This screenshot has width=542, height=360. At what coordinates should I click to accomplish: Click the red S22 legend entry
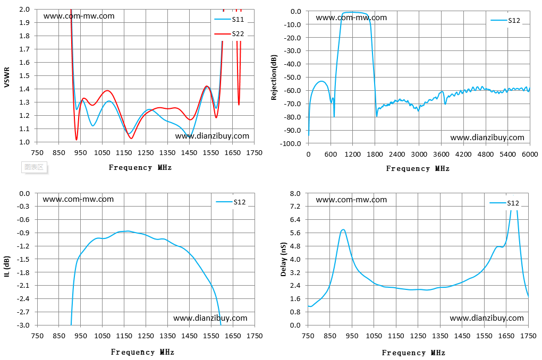tap(229, 34)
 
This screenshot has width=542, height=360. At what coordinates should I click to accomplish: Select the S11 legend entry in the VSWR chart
tap(229, 19)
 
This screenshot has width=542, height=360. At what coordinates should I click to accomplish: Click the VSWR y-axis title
tap(6, 78)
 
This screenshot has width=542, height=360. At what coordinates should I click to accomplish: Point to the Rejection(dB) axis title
tap(274, 78)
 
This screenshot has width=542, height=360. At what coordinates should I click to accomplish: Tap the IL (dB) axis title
tap(7, 267)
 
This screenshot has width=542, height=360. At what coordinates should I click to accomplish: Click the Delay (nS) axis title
tap(283, 259)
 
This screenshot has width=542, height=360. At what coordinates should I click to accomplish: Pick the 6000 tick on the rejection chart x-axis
tap(530, 155)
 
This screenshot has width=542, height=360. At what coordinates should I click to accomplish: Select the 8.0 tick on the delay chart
tap(295, 193)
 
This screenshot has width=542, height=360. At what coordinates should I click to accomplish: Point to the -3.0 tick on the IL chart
tap(24, 325)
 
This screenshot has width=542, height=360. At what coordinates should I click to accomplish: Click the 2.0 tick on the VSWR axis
tap(24, 10)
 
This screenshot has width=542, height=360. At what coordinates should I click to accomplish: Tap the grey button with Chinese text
tap(34, 167)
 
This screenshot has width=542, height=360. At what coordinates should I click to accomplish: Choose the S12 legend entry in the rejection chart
tap(505, 21)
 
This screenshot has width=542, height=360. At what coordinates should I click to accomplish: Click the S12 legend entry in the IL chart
tap(231, 202)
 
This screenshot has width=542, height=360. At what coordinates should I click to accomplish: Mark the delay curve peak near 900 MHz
tap(343, 230)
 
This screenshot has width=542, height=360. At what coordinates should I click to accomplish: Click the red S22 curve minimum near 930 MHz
tap(77, 140)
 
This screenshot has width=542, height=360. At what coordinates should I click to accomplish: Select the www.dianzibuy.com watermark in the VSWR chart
tap(212, 136)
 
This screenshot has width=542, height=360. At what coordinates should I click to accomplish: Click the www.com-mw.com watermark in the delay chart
tap(351, 200)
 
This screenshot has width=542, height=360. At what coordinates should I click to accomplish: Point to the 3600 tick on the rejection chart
tap(441, 155)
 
